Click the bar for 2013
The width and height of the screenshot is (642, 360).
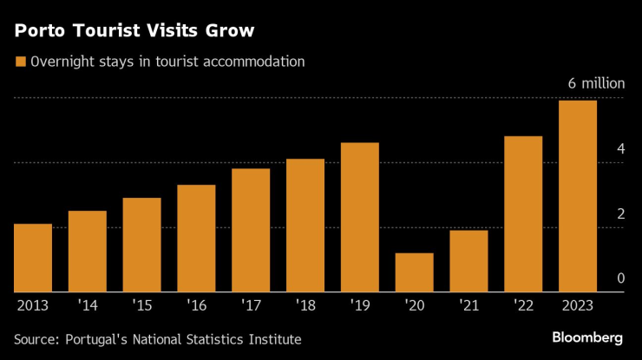[x=33, y=258]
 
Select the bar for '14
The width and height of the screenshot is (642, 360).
[x=87, y=252]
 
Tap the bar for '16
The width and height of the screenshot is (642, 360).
[x=196, y=239]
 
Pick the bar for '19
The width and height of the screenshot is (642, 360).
[x=360, y=218]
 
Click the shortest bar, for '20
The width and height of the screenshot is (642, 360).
[x=414, y=272]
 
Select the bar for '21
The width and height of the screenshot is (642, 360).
[x=468, y=261]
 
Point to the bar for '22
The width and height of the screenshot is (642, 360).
[x=523, y=214]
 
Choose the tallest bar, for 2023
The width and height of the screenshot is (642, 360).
[x=578, y=197]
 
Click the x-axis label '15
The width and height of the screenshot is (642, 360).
[x=141, y=305]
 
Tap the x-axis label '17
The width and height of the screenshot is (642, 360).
[x=251, y=305]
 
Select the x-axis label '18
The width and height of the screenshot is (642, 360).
[x=305, y=305]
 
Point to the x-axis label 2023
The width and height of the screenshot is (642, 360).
[x=578, y=305]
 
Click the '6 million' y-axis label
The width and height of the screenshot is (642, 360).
[x=595, y=84]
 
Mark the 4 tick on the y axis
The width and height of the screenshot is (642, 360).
[x=620, y=149]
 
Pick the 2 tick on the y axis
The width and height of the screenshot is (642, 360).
[x=620, y=214]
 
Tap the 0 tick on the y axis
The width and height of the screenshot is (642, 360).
[x=620, y=278]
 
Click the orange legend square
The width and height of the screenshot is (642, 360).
[x=19, y=62]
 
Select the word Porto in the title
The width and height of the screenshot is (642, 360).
[x=40, y=31]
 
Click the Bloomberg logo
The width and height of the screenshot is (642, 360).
[x=587, y=337]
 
